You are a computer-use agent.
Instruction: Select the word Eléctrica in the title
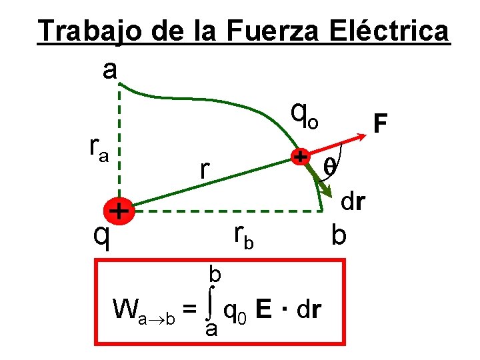pyautogui.click(x=397, y=31)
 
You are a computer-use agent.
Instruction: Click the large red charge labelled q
pyautogui.click(x=119, y=211)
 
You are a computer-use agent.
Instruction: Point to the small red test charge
pyautogui.click(x=301, y=157)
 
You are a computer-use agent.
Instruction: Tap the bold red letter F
pyautogui.click(x=381, y=124)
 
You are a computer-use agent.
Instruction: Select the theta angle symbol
pyautogui.click(x=329, y=167)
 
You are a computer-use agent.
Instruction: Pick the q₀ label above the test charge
pyautogui.click(x=306, y=117)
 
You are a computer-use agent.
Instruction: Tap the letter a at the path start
pyautogui.click(x=110, y=69)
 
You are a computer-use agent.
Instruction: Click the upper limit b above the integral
pyautogui.click(x=215, y=273)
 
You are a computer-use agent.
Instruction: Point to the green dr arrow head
pyautogui.click(x=328, y=191)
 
